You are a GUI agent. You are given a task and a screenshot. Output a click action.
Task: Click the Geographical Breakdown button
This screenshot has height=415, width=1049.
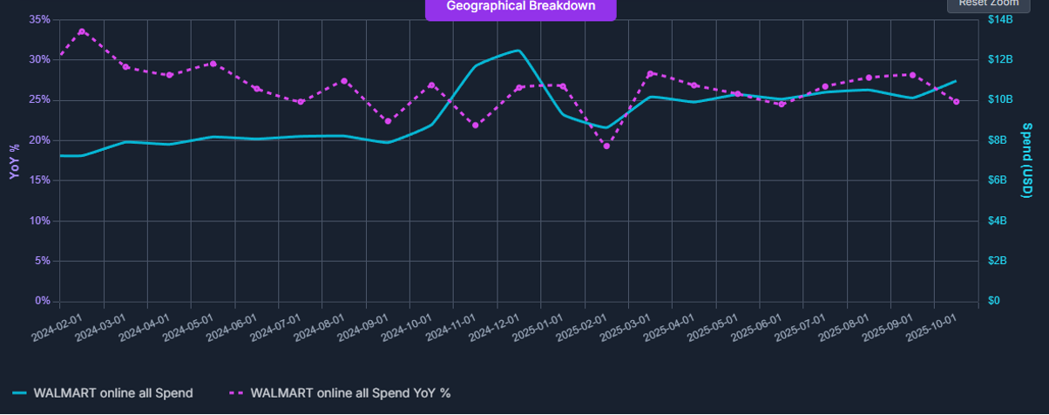[520, 7]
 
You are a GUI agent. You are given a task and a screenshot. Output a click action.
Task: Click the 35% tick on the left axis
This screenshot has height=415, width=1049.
[39, 19]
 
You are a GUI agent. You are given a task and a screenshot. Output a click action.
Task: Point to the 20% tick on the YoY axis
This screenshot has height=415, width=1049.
[39, 140]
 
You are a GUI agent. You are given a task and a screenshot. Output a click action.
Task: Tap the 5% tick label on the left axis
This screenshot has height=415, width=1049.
[42, 262]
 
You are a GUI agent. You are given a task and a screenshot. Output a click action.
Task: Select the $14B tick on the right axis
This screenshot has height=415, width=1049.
[1000, 19]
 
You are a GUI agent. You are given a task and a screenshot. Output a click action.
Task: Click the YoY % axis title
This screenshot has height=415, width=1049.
[14, 160]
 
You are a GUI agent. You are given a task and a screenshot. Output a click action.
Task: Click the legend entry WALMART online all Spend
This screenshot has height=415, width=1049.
[103, 393]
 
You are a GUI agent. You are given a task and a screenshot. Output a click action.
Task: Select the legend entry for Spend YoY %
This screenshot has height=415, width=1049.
[340, 393]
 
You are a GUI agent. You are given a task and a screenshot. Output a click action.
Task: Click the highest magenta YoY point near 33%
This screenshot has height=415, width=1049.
[82, 31]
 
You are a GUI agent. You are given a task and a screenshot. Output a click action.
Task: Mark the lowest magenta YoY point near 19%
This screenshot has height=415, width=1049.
[606, 146]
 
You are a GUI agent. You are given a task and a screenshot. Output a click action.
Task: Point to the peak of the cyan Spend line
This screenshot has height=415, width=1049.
[518, 51]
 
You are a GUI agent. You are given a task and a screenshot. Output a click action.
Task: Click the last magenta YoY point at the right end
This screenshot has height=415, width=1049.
[956, 102]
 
